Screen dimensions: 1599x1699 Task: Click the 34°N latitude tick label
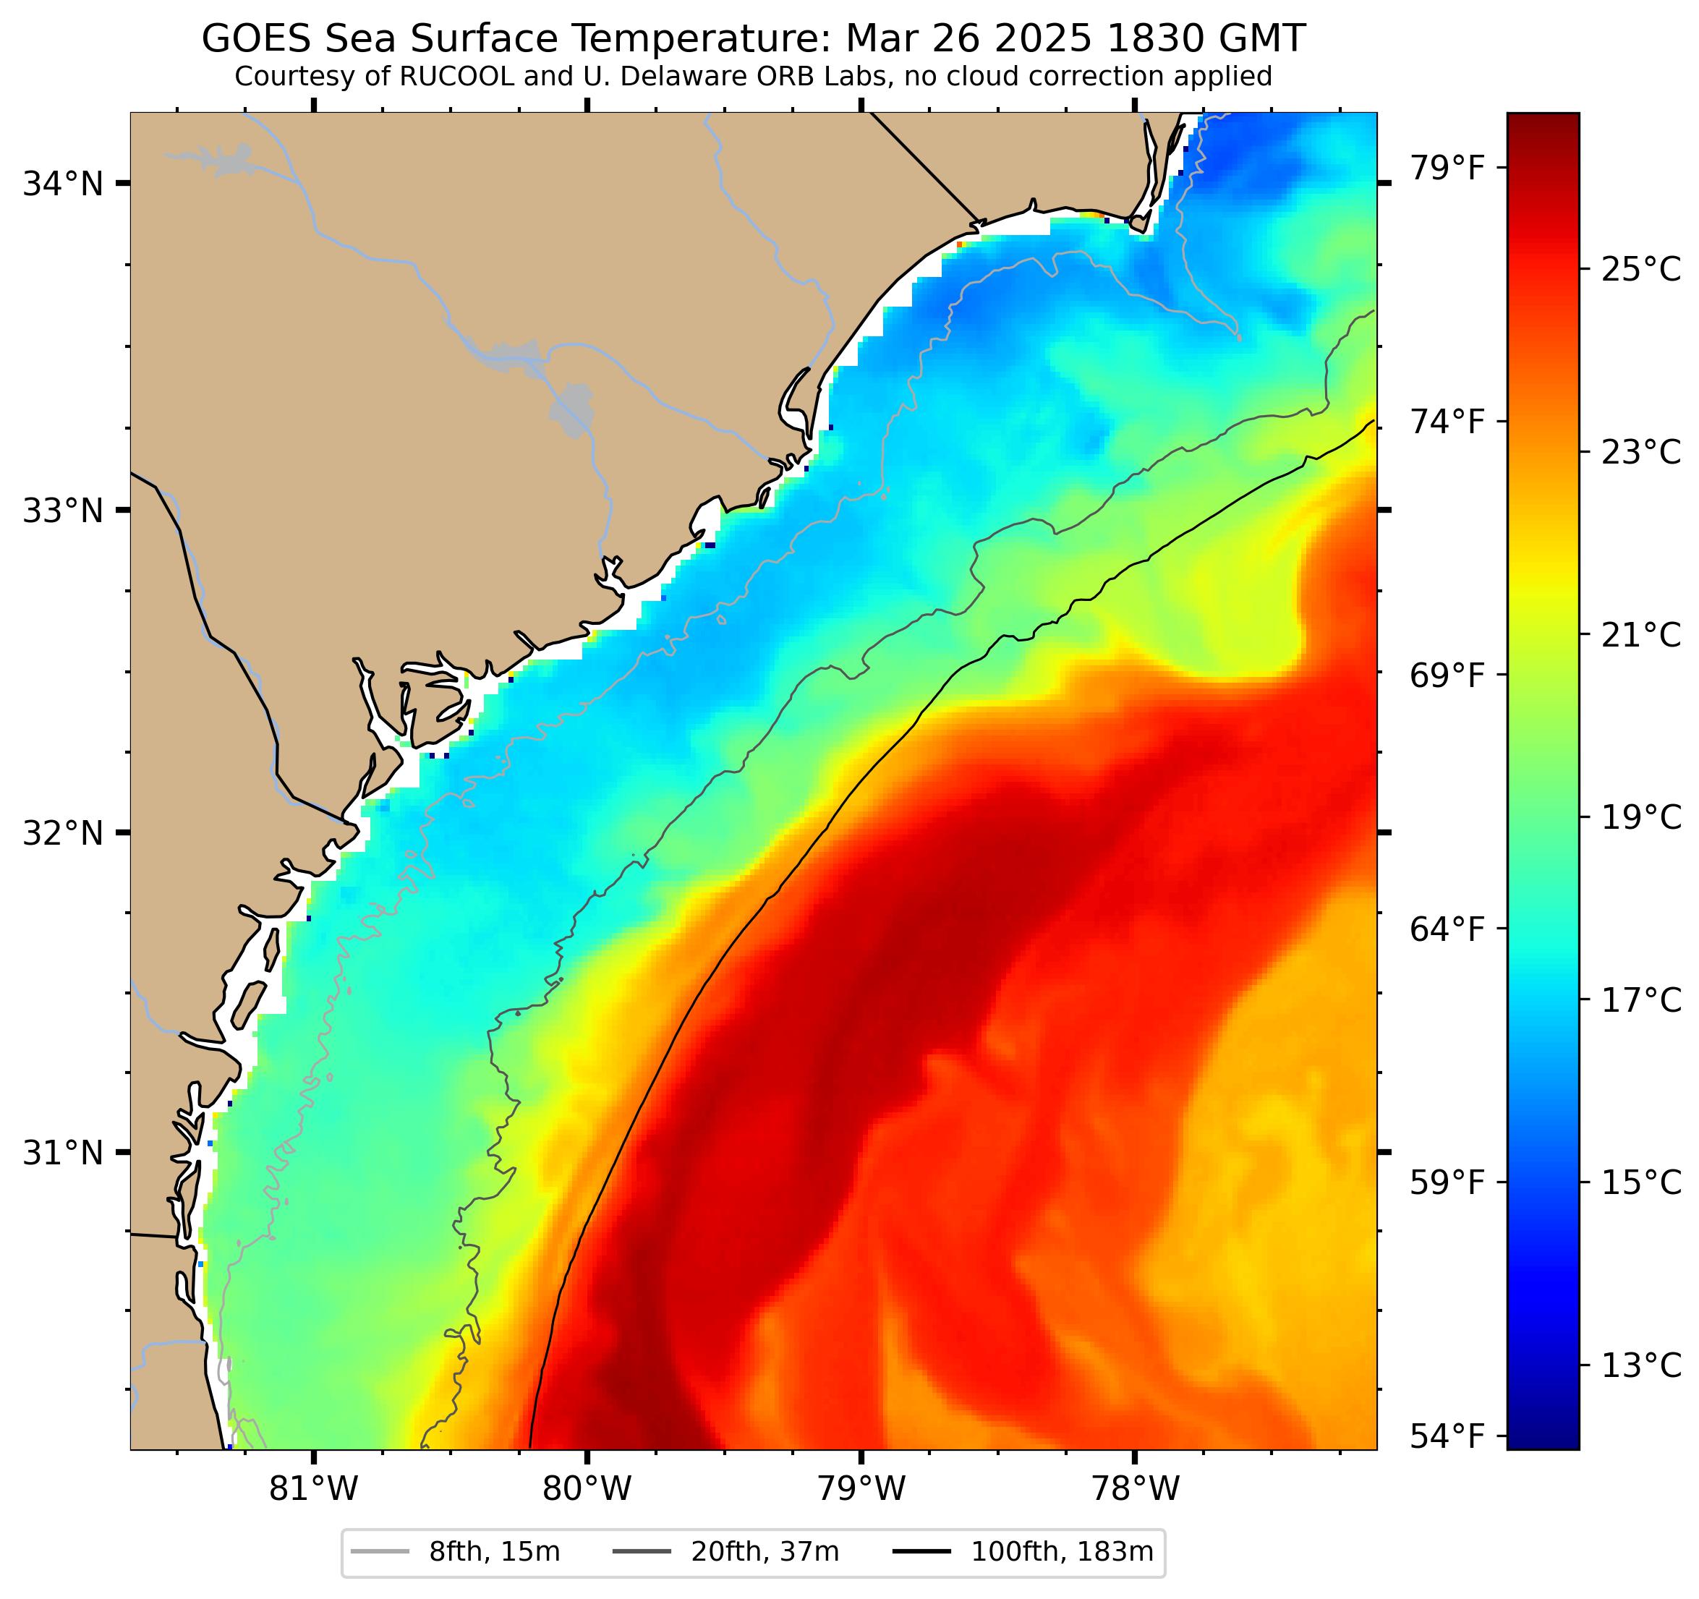click(62, 184)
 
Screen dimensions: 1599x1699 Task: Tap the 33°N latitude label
click(62, 511)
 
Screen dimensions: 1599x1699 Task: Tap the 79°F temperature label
click(1447, 169)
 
